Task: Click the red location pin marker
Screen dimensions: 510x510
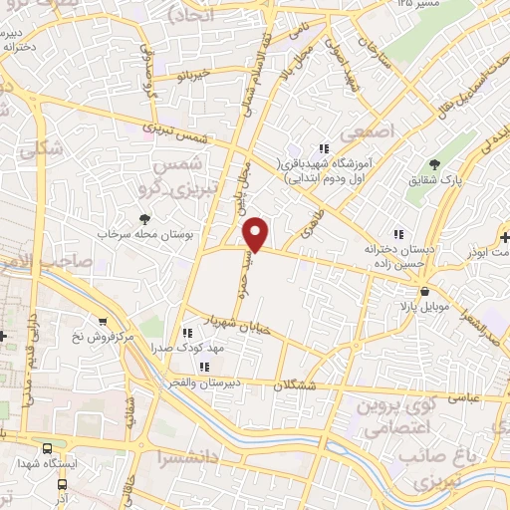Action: [257, 233]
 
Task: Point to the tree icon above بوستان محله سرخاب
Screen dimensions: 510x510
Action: [146, 217]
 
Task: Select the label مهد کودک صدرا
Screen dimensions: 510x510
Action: [186, 348]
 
